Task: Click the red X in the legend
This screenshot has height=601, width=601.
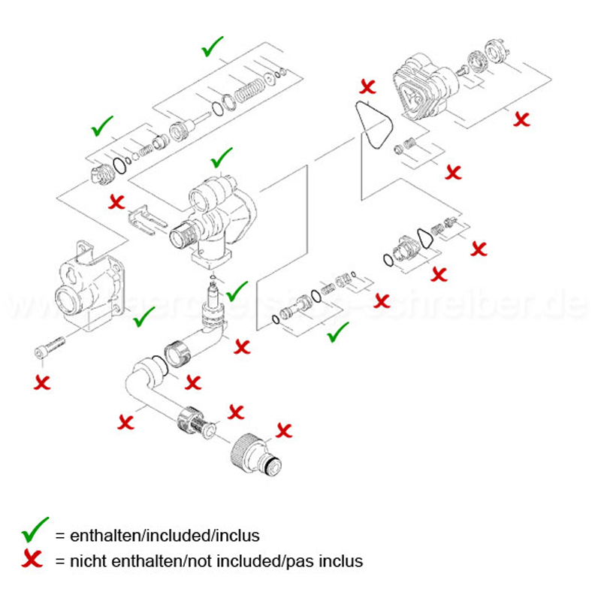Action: pyautogui.click(x=33, y=560)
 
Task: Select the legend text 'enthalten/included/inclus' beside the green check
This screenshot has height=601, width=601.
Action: pyautogui.click(x=165, y=536)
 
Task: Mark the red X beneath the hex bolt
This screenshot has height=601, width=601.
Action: pyautogui.click(x=43, y=381)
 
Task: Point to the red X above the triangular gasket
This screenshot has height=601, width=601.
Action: pyautogui.click(x=368, y=85)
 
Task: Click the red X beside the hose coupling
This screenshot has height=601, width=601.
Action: pyautogui.click(x=284, y=430)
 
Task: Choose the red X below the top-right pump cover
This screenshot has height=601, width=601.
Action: pyautogui.click(x=520, y=118)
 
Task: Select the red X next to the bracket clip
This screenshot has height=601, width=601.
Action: pyautogui.click(x=117, y=201)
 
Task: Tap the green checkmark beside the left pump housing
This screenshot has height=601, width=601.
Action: pyautogui.click(x=143, y=319)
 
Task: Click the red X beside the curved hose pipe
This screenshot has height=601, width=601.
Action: pyautogui.click(x=125, y=421)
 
